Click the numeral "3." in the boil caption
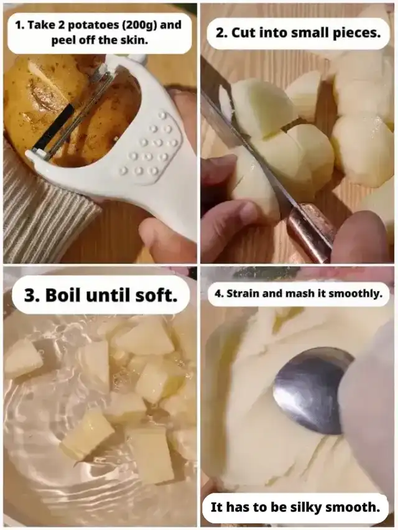coord(32,295)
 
